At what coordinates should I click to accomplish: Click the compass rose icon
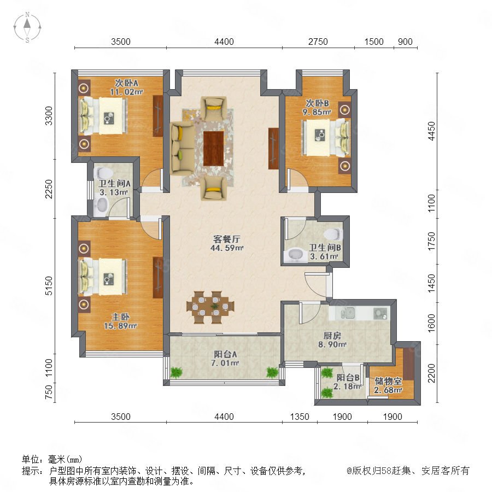click(x=27, y=27)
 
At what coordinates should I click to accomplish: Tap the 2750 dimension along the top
click(x=318, y=42)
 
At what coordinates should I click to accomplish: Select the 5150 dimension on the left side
click(x=49, y=285)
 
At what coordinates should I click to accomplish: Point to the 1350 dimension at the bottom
click(x=300, y=417)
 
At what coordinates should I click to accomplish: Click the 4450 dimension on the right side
click(x=431, y=131)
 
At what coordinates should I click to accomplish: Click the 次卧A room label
click(x=126, y=83)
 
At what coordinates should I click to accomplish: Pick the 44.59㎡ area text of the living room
click(x=227, y=248)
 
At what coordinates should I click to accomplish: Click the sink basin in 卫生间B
click(x=295, y=255)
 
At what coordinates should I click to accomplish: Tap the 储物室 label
click(x=388, y=381)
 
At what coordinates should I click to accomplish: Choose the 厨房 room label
click(x=332, y=336)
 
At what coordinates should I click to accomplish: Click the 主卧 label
click(x=120, y=317)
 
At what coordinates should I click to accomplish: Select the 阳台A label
click(x=225, y=354)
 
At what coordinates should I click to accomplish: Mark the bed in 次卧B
click(x=326, y=138)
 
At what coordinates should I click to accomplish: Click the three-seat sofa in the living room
click(x=182, y=149)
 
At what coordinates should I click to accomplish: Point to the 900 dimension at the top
click(x=405, y=42)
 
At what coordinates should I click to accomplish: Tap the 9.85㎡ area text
click(x=317, y=112)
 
